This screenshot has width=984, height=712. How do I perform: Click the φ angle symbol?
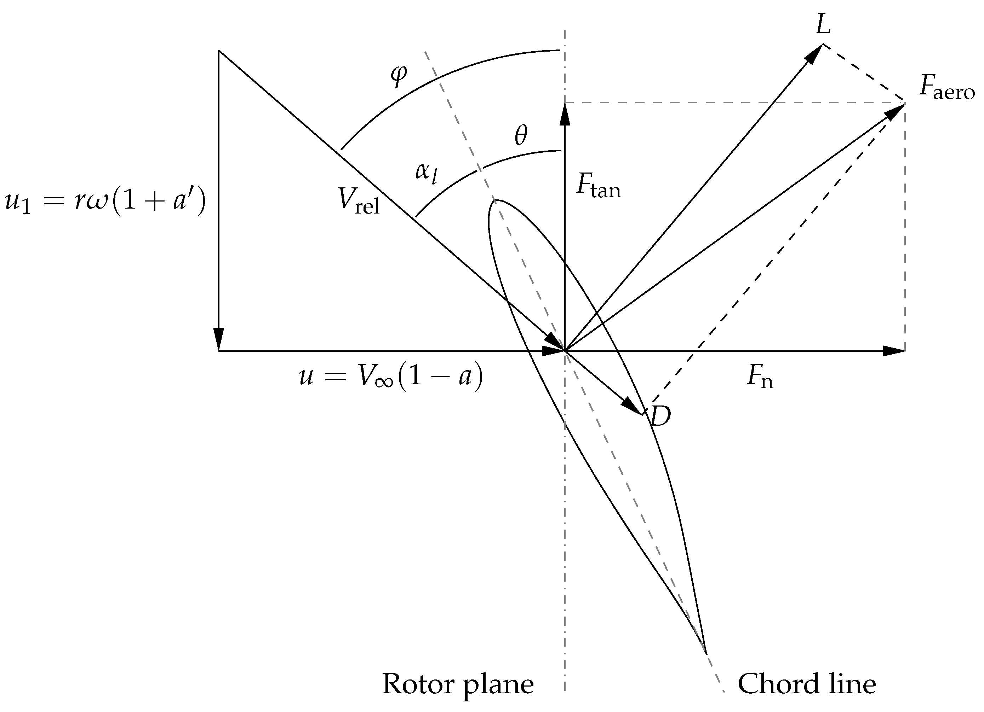399,76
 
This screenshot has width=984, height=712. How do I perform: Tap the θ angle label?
521,136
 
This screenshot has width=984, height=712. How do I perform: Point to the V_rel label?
358,202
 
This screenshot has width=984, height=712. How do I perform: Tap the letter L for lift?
823,25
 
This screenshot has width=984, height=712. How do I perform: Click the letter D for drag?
660,416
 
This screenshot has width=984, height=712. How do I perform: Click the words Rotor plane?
458,684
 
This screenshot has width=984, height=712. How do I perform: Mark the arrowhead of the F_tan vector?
565,113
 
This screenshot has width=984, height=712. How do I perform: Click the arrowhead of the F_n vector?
894,351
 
